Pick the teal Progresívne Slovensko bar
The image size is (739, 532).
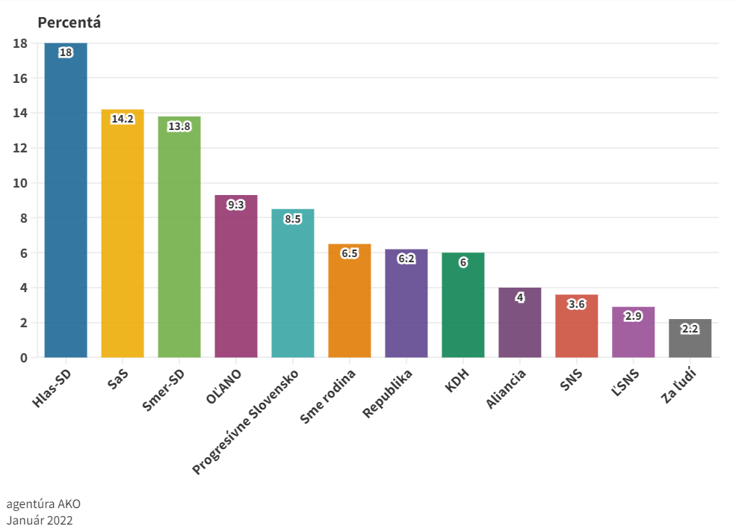(293, 283)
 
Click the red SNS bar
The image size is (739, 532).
(577, 326)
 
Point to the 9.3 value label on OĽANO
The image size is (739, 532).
(236, 205)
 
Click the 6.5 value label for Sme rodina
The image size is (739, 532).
(350, 253)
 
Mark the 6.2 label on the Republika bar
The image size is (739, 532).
(406, 259)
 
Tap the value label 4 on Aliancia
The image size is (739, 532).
(520, 297)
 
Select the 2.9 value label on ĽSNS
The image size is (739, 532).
(634, 316)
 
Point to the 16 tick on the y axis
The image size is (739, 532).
(20, 78)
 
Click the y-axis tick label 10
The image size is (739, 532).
(20, 183)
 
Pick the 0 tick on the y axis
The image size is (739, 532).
(24, 358)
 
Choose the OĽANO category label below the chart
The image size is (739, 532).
(223, 386)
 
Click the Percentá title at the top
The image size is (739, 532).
(69, 22)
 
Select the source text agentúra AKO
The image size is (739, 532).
(43, 504)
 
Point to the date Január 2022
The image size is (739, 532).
(40, 519)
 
